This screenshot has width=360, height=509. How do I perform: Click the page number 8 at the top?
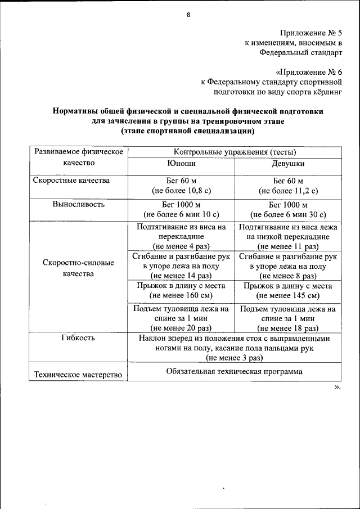188,15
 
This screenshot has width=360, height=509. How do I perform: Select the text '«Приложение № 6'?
309,72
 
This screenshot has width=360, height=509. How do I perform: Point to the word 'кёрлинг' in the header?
328,91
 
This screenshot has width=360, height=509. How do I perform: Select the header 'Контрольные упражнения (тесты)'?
235,152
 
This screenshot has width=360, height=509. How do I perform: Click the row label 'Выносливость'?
78,204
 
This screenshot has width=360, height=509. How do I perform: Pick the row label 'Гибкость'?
78,338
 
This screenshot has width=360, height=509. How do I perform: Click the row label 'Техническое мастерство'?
78,375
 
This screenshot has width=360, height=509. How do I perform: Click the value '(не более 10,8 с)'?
181,191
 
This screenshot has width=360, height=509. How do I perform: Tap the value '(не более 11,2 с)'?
288,191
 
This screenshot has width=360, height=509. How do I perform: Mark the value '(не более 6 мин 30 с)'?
288,214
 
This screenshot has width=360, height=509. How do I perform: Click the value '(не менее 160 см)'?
181,295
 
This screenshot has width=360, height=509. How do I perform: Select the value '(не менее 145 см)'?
288,295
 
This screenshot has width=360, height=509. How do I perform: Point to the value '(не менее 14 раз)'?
181,276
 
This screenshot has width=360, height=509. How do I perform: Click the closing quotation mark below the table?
337,387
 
